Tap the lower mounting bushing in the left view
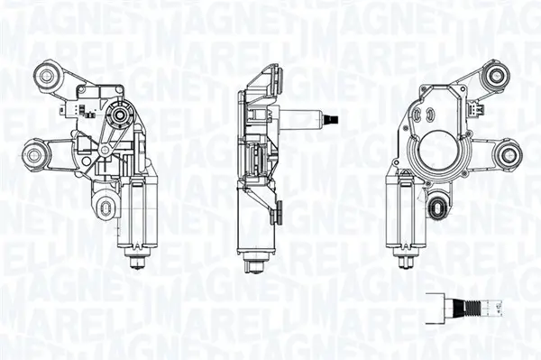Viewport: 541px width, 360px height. click(x=35, y=156)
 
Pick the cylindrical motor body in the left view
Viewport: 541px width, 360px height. click(x=138, y=212)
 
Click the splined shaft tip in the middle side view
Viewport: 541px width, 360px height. click(x=334, y=118)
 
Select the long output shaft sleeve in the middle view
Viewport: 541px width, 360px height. click(x=302, y=118)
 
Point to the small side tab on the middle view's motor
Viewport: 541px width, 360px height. click(x=279, y=213)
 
